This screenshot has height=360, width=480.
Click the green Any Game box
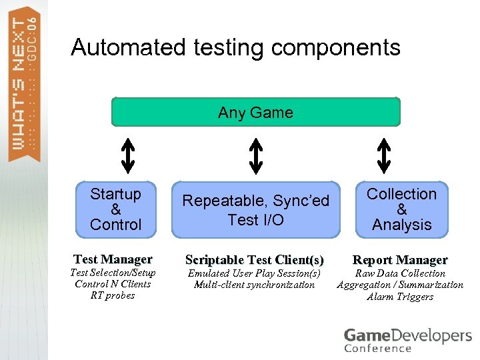(255, 112)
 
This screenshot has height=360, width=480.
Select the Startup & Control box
(116, 209)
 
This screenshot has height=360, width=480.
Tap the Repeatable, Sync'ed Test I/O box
(255, 209)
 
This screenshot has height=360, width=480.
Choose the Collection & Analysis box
(401, 209)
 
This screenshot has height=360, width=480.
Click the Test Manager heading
(113, 259)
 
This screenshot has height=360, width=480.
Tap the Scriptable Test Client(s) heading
(254, 259)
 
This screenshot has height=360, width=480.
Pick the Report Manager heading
(400, 259)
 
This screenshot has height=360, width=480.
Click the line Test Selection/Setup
(113, 273)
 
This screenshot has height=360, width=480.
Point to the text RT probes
(113, 295)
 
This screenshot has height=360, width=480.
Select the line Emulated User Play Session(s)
(254, 273)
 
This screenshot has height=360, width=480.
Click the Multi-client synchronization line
(254, 285)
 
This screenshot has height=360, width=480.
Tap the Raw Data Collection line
(400, 273)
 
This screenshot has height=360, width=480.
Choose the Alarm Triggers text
(400, 297)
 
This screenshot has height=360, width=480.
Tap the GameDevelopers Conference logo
(407, 339)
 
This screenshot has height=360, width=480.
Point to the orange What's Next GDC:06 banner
(24, 83)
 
